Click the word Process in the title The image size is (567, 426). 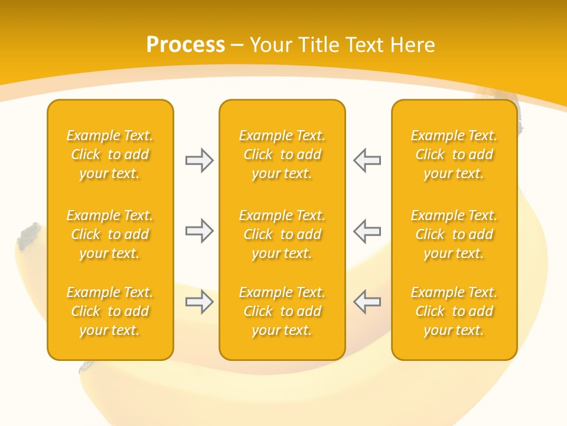tap(185, 45)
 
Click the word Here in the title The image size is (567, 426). tap(413, 45)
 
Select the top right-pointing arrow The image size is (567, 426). tap(199, 160)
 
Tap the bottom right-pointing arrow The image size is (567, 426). tap(199, 302)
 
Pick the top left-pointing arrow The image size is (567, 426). tap(367, 160)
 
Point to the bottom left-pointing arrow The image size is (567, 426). tap(367, 302)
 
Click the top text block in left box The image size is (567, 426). tap(110, 154)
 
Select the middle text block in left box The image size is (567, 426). tap(110, 234)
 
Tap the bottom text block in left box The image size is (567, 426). tap(110, 311)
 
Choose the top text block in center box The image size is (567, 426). tap(282, 154)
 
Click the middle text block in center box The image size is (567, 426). tap(282, 234)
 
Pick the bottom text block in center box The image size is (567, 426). tap(282, 311)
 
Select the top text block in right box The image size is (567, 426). tap(454, 154)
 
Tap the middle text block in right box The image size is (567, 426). tap(454, 234)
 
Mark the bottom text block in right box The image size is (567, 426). tap(454, 311)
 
